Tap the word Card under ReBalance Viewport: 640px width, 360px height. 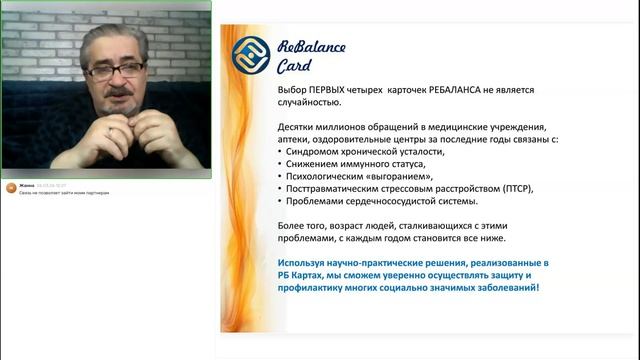[295, 66]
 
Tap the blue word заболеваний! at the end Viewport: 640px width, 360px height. [507, 288]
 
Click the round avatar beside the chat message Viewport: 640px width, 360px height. [10, 189]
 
